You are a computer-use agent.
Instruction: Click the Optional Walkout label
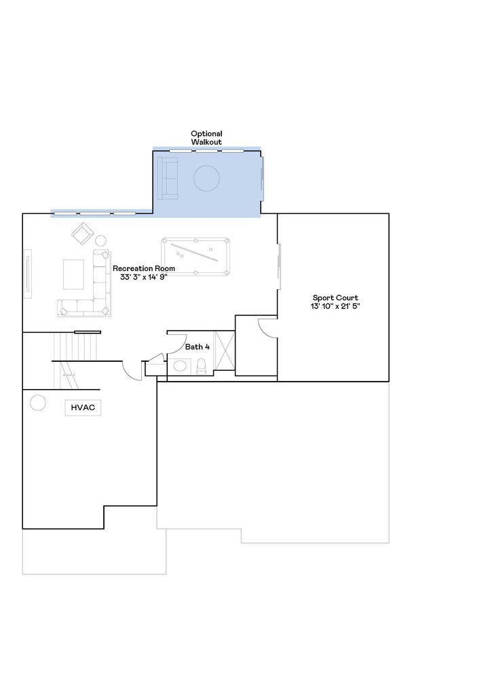206,138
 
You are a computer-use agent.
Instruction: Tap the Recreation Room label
144,268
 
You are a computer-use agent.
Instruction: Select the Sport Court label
335,298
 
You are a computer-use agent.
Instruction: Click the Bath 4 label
198,347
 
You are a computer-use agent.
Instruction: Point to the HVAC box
83,408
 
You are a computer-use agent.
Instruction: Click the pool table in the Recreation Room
196,257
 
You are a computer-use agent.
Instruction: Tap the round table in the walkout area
206,178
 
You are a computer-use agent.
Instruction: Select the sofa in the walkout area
168,179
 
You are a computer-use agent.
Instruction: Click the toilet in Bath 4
201,367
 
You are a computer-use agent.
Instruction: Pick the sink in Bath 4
180,366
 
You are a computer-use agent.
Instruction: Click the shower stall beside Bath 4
225,351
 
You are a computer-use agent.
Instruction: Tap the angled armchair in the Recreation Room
83,234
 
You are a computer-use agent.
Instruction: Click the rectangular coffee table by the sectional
73,274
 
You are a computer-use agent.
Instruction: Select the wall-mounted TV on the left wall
27,274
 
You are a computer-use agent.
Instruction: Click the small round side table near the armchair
101,241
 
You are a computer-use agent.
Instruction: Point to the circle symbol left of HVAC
37,403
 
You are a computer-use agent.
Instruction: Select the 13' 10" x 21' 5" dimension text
335,306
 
